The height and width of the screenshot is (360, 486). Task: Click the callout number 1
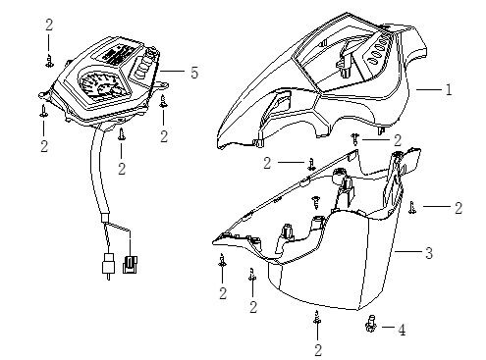pos(449,89)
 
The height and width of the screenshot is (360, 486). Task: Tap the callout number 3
pos(429,252)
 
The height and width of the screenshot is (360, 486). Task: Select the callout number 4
pos(402,330)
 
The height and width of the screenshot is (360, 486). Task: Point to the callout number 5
pos(194,72)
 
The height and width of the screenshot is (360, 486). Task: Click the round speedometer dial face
pos(100,86)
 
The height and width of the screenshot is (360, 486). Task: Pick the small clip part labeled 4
pos(370,324)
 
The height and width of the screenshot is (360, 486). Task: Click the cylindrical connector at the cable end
pos(108,264)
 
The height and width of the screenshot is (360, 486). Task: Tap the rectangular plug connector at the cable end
pos(130,265)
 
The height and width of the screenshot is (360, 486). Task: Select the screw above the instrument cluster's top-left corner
pos(49,61)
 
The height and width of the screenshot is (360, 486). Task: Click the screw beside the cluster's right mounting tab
pos(163,101)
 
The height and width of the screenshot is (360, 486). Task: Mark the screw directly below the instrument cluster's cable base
pos(122,134)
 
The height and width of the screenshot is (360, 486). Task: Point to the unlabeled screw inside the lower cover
pos(316,202)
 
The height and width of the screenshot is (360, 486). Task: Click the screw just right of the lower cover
pos(412,208)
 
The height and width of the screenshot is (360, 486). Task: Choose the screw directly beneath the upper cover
pos(355,138)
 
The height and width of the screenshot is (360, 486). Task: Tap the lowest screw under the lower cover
pos(316,317)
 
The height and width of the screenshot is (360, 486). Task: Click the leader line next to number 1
pos(429,89)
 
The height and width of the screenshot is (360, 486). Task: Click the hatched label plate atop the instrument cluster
pos(117,54)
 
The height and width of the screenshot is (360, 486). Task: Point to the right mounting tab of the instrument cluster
pos(162,84)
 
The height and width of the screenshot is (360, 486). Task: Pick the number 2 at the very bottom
pos(318,350)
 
